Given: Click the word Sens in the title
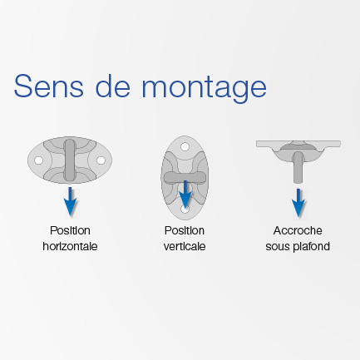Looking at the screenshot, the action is (x=49, y=86).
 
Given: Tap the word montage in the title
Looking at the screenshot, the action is (x=205, y=89).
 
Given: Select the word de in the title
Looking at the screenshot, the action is (x=113, y=86).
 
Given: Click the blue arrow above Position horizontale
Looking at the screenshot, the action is (x=70, y=201).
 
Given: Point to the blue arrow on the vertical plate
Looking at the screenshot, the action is (x=185, y=195).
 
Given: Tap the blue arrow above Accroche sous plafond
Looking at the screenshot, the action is (x=298, y=203).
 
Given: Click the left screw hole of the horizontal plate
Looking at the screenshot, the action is (x=38, y=160).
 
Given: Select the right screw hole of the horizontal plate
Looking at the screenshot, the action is (x=101, y=160).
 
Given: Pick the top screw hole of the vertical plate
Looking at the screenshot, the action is (x=185, y=146).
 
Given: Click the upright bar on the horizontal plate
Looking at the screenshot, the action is (x=70, y=160).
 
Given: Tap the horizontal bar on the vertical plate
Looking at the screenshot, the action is (x=185, y=177).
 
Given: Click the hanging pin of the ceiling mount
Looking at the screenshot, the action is (x=298, y=167).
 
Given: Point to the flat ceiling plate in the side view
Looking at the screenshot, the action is (x=298, y=144).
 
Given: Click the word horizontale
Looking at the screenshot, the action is (x=70, y=246).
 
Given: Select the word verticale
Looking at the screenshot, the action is (x=185, y=246).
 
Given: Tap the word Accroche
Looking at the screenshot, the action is (x=298, y=230).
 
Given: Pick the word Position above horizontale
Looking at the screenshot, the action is (x=70, y=230).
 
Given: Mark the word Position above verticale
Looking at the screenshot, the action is (x=185, y=230).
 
